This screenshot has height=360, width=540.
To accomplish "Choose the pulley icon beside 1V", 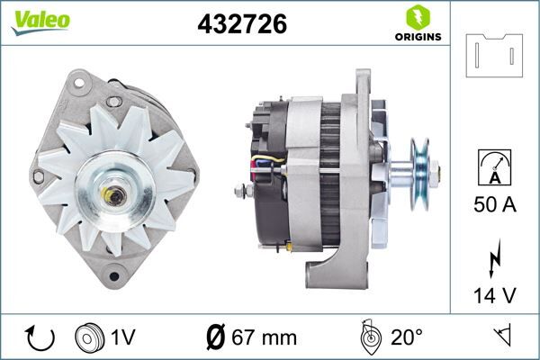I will (x=91, y=337).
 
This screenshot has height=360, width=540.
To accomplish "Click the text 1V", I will (x=123, y=337).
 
